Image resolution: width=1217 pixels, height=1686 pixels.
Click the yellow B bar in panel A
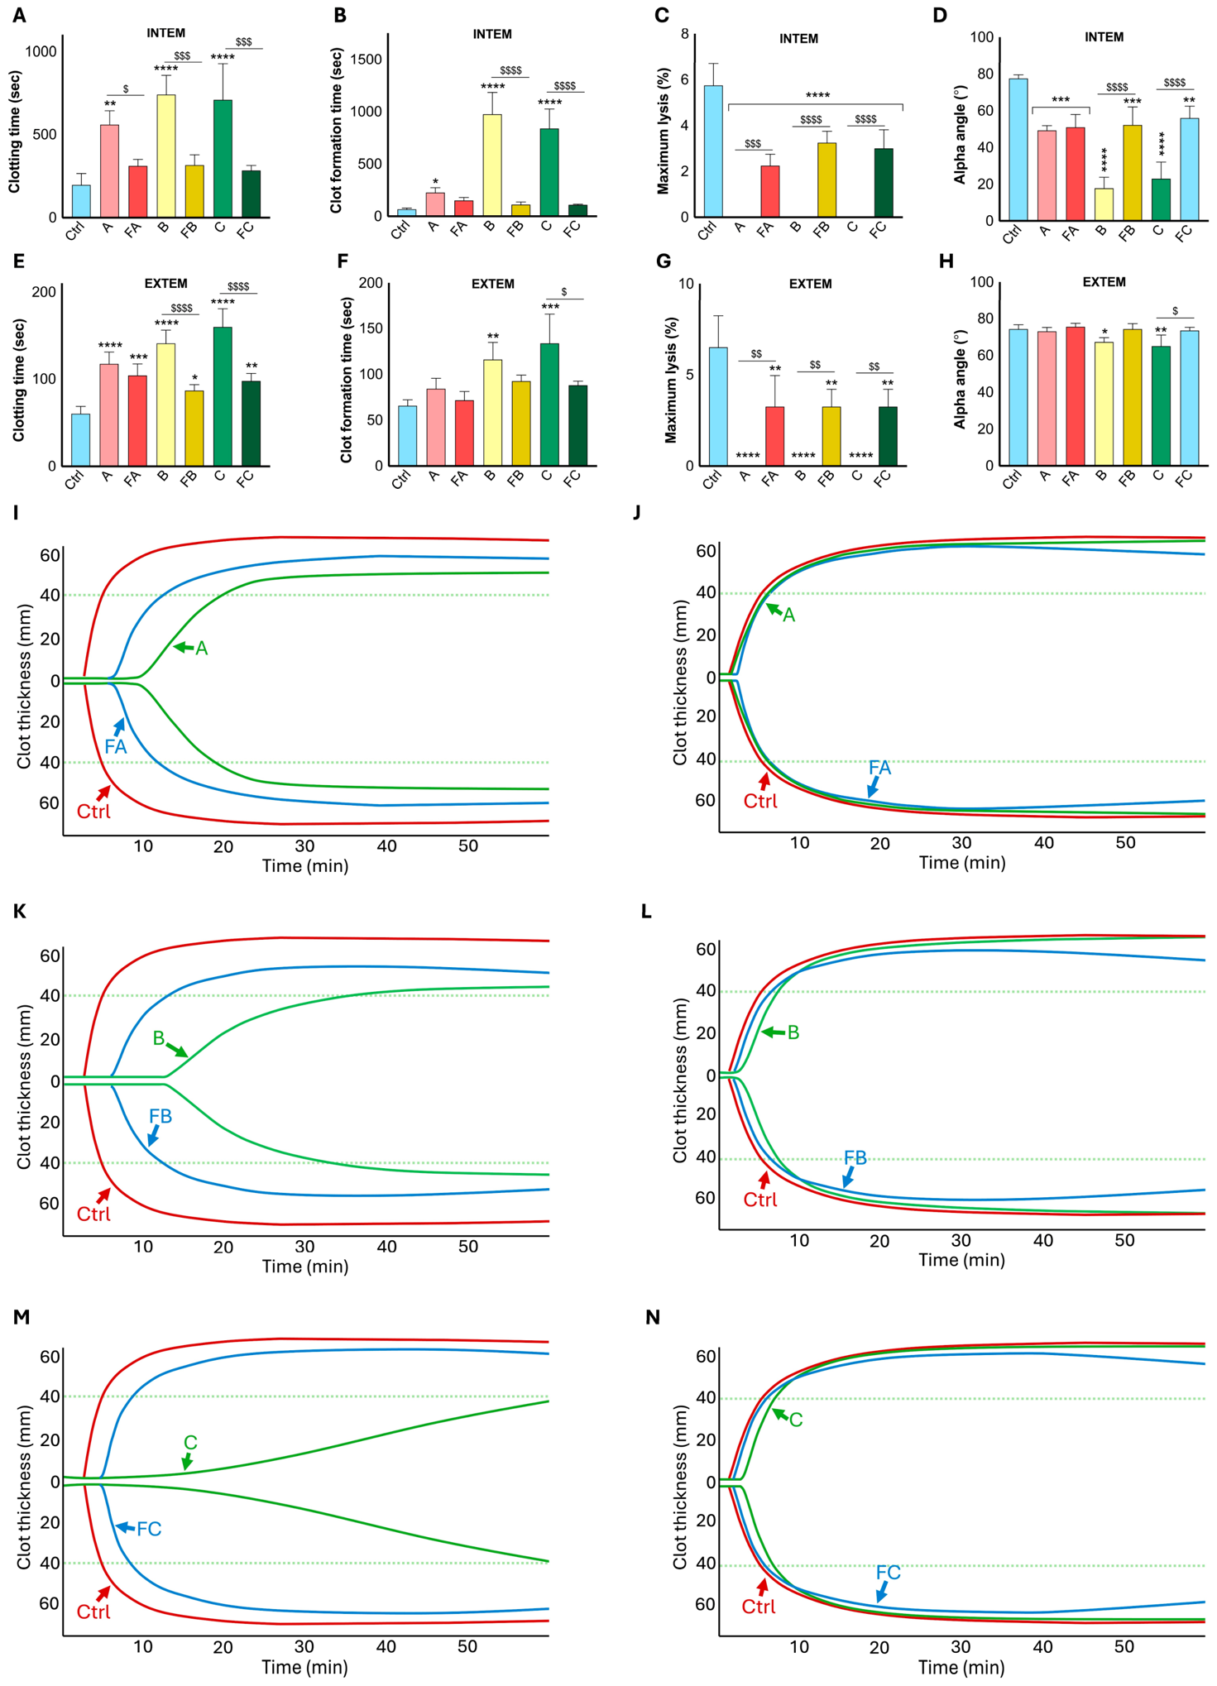tap(165, 156)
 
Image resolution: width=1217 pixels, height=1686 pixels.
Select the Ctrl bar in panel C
tap(712, 151)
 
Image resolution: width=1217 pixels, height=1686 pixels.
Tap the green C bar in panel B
tap(549, 172)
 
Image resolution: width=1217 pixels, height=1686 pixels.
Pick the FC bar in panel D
tap(1189, 169)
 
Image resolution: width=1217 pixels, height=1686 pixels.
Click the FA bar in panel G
tap(774, 436)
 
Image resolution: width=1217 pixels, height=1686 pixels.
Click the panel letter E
tap(18, 262)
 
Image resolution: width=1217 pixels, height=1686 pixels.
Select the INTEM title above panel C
tap(798, 39)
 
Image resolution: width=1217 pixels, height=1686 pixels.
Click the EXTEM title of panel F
tap(493, 284)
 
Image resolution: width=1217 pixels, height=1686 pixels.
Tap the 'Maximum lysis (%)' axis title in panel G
tap(672, 380)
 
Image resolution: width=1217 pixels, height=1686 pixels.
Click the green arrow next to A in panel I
tap(183, 647)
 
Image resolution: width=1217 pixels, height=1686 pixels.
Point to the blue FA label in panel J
tap(879, 768)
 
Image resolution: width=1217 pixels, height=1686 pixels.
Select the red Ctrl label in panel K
tap(93, 1214)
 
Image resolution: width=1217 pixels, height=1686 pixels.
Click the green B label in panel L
tap(793, 1032)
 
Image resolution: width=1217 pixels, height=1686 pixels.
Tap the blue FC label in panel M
tap(149, 1529)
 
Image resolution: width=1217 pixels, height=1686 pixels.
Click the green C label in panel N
tap(796, 1420)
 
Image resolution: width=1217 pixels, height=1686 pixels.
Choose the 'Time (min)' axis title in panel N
tap(961, 1667)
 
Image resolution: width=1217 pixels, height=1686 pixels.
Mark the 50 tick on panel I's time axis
tap(468, 846)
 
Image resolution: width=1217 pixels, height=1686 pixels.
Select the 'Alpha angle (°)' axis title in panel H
tap(960, 380)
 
